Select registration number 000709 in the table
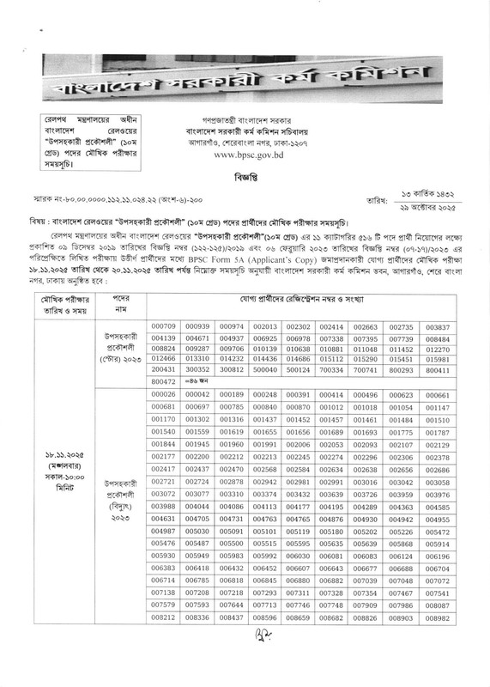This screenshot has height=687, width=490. coord(163,327)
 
